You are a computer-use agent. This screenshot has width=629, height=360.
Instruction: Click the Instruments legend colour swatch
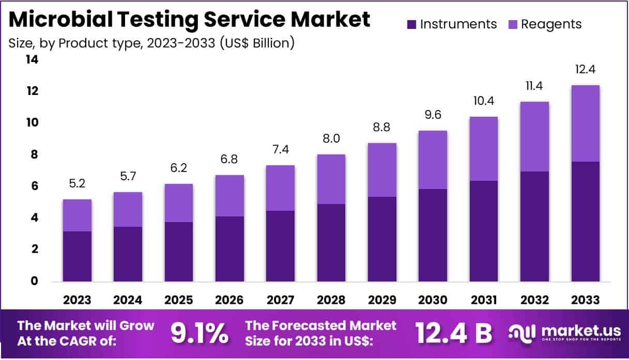tap(412, 24)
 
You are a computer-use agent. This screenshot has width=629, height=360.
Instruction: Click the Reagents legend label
tap(551, 24)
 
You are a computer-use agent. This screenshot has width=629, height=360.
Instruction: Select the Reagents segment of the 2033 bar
tap(586, 123)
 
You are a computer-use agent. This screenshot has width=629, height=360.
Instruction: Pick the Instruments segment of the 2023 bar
tap(77, 256)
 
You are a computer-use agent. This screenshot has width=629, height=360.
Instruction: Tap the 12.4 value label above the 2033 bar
tap(586, 69)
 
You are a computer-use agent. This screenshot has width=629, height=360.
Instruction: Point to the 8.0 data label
tap(331, 138)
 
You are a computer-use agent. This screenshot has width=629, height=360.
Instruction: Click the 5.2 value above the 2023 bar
tap(77, 183)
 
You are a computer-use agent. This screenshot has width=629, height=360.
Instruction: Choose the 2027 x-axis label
tap(281, 300)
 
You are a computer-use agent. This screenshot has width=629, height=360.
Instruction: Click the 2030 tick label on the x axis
tap(433, 300)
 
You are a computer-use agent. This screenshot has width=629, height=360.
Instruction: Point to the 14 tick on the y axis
tap(32, 60)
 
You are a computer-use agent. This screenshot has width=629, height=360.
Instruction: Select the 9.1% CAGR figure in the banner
tap(200, 334)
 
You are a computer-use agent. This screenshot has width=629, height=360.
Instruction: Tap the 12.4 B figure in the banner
tap(453, 334)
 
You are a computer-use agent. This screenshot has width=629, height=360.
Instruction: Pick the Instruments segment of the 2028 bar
tap(331, 243)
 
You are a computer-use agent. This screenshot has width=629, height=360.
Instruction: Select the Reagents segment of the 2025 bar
tap(179, 203)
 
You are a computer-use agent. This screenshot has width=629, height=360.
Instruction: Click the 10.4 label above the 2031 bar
tap(484, 101)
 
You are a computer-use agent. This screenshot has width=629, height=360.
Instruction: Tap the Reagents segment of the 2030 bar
tap(433, 160)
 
